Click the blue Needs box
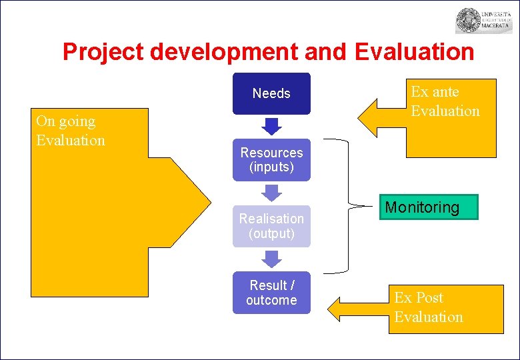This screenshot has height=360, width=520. point(271,93)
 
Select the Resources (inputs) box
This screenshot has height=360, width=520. point(271,160)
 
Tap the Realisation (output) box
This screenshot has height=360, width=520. point(271,226)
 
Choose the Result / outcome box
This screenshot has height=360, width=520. point(271,293)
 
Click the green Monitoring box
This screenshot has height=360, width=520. point(421,207)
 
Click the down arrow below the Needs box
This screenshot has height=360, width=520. point(271,126)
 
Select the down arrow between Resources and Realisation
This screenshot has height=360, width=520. point(271,193)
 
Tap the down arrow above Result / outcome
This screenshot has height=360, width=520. point(271,259)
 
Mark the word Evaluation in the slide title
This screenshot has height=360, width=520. point(414,52)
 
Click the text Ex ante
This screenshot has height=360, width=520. point(435,92)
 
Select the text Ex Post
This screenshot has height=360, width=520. point(419,298)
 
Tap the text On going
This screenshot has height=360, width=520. point(65,121)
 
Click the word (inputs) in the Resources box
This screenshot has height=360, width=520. point(271,167)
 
